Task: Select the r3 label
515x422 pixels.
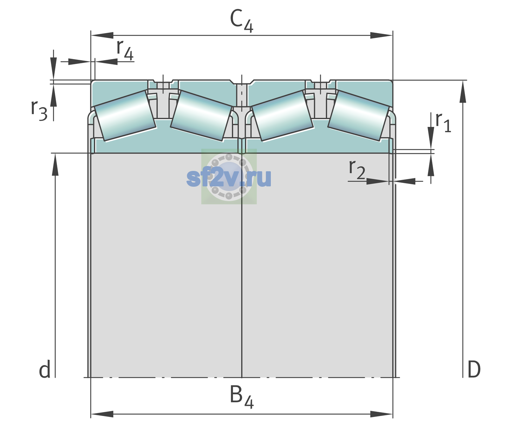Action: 39,110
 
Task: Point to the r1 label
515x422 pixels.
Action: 443,122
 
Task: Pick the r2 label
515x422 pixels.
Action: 357,169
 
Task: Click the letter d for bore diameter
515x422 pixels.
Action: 45,369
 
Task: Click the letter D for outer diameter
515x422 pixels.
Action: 474,370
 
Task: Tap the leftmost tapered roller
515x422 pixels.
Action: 125,116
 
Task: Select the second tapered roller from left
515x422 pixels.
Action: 201,116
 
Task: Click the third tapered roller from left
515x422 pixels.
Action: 282,116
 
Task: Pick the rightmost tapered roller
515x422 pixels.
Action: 359,116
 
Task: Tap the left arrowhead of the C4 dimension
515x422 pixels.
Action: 102,35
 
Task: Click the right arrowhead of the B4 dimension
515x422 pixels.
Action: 382,414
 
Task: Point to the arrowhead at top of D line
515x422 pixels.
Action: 463,91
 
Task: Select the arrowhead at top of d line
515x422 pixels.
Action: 55,164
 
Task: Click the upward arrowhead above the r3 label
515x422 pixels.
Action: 53,95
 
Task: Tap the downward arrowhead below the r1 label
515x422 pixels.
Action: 431,138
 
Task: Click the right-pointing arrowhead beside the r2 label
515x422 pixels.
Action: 378,181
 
